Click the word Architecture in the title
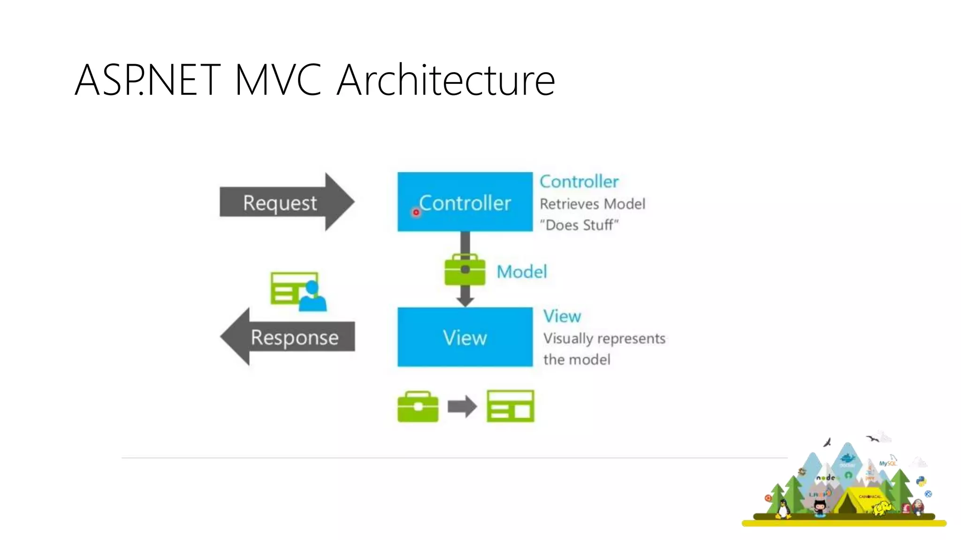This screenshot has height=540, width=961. (446, 80)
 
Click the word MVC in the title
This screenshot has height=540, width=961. (278, 80)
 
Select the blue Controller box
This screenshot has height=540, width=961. (465, 202)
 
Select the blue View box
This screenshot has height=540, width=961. (465, 337)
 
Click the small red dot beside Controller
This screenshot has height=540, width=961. (416, 212)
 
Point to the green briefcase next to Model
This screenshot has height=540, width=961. (465, 270)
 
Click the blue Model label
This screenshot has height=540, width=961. (522, 272)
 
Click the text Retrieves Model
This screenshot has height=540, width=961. (592, 204)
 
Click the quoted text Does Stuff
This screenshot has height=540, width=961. (579, 225)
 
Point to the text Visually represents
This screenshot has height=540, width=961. (604, 338)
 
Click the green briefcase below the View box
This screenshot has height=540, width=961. (418, 406)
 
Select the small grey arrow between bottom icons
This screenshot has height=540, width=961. (462, 406)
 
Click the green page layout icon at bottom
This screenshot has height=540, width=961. (510, 406)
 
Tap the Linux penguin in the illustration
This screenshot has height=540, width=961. (782, 509)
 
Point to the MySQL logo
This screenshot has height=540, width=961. (887, 463)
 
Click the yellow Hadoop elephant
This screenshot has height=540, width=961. (882, 508)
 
